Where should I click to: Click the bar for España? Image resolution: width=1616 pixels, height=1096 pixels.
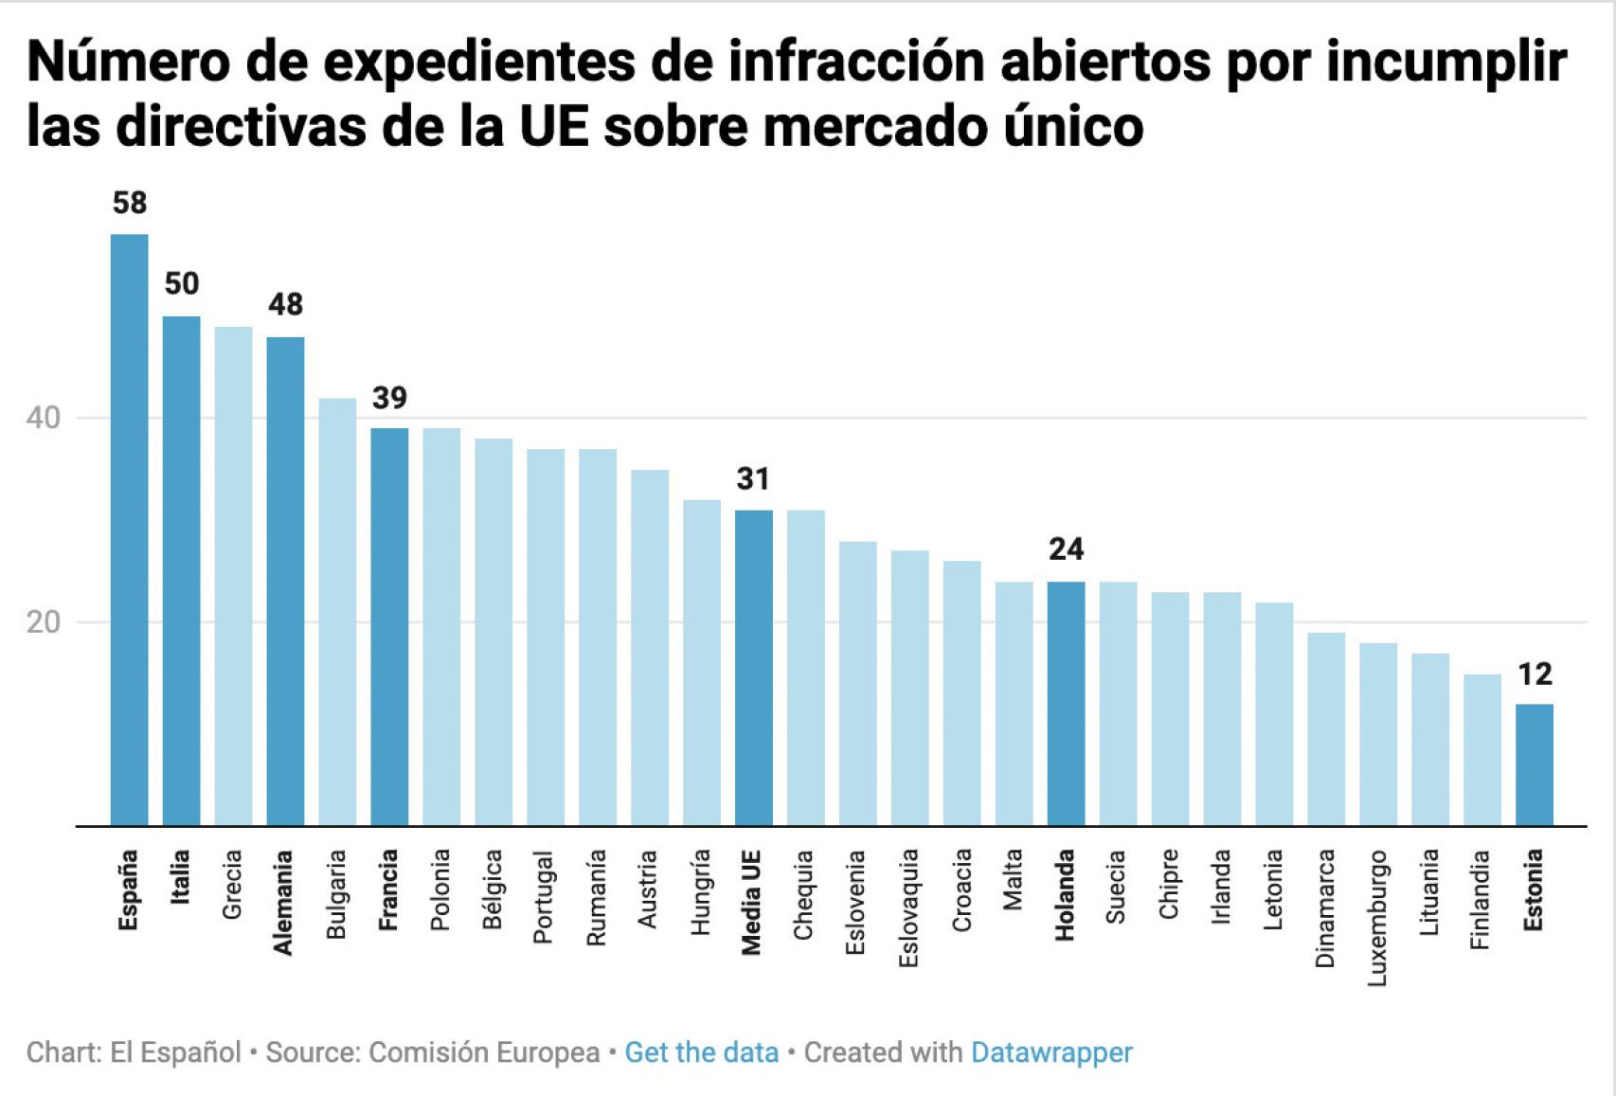pyautogui.click(x=129, y=530)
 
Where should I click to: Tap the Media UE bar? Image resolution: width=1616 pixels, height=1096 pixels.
pyautogui.click(x=753, y=668)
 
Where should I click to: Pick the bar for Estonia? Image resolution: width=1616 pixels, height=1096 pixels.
pyautogui.click(x=1534, y=764)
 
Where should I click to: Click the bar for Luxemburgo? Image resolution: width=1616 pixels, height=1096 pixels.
pyautogui.click(x=1377, y=734)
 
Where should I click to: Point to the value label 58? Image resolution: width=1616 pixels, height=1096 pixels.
pyautogui.click(x=129, y=203)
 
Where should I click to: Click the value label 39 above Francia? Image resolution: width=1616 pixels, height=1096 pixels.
pyautogui.click(x=389, y=398)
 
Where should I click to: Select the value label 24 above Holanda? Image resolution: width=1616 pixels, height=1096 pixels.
pyautogui.click(x=1066, y=549)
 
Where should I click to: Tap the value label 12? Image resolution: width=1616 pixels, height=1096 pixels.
pyautogui.click(x=1535, y=674)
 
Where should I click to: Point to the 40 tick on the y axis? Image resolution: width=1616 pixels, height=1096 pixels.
pyautogui.click(x=44, y=418)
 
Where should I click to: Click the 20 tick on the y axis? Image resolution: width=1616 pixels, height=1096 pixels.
pyautogui.click(x=44, y=622)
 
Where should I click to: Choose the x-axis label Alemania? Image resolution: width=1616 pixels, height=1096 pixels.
pyautogui.click(x=283, y=902)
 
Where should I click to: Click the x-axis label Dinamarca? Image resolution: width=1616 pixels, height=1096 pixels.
pyautogui.click(x=1324, y=907)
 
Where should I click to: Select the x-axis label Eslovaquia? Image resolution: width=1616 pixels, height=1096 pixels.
pyautogui.click(x=908, y=907)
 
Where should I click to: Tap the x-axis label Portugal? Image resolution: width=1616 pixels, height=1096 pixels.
pyautogui.click(x=544, y=896)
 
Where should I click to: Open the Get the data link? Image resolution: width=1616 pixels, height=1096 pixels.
pyautogui.click(x=701, y=1052)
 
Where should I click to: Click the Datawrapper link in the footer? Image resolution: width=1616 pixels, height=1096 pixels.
pyautogui.click(x=1051, y=1052)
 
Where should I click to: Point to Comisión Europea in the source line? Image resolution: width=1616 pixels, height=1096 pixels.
pyautogui.click(x=483, y=1052)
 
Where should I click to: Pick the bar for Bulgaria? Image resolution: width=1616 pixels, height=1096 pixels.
pyautogui.click(x=337, y=612)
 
